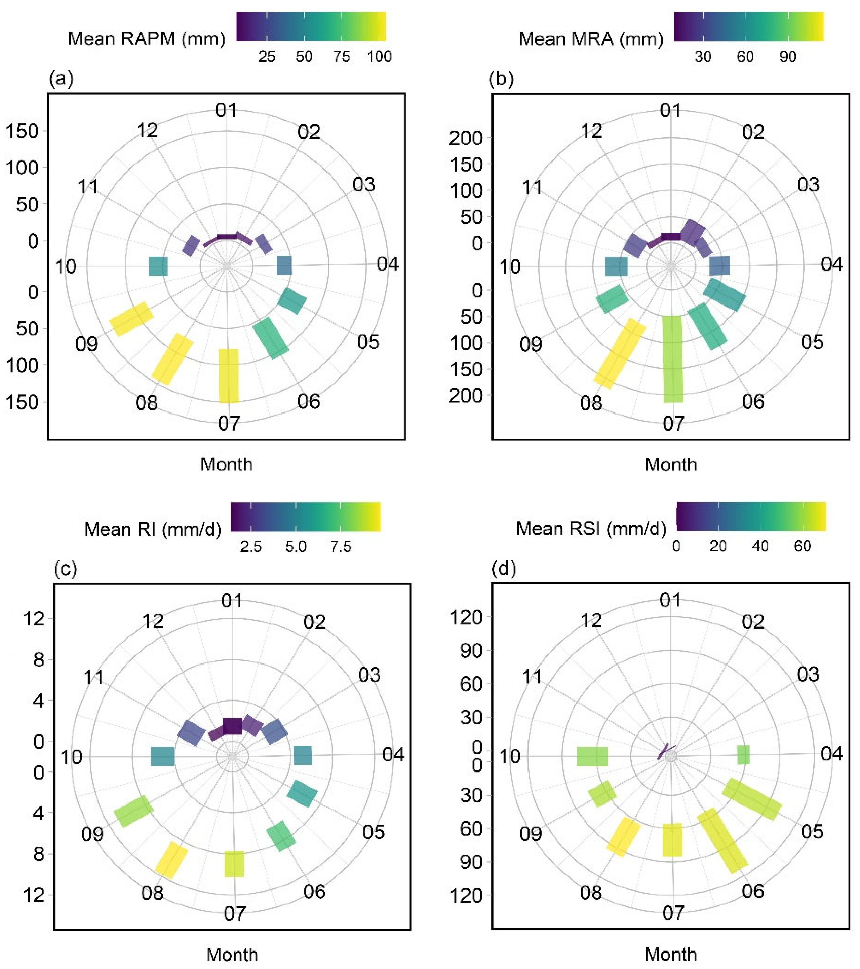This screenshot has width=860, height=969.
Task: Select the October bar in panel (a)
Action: point(158,266)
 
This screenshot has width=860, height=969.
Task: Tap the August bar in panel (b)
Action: point(619,354)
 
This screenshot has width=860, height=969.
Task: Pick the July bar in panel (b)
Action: point(673,359)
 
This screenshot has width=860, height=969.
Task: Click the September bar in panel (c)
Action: point(133,811)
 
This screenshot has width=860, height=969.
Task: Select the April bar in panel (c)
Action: point(303,756)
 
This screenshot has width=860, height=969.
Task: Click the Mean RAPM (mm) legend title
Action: point(146,38)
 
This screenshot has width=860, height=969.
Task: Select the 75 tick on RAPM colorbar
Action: point(342,57)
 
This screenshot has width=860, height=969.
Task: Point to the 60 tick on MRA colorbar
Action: point(745,57)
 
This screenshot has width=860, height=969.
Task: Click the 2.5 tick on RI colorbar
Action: point(251,547)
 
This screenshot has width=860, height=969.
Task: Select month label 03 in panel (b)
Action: point(808,184)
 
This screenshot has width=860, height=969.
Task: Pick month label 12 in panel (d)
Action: point(591,620)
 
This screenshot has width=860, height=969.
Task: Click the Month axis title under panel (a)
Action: point(227,464)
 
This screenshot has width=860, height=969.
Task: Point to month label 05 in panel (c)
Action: point(374,832)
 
